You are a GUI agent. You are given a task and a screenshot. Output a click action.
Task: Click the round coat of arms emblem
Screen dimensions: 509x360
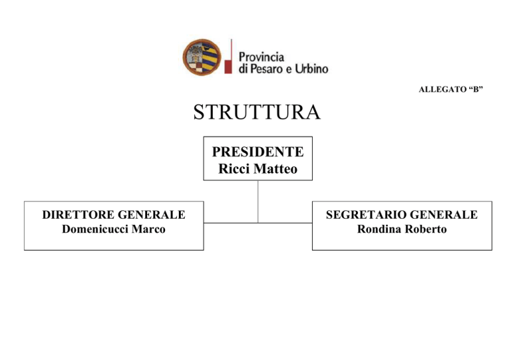[202, 57]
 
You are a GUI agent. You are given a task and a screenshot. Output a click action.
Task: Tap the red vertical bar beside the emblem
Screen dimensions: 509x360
[229, 56]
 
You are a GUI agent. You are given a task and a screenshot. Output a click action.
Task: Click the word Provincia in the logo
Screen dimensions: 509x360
[261, 58]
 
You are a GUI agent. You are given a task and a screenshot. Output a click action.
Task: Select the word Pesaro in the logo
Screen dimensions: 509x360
[262, 69]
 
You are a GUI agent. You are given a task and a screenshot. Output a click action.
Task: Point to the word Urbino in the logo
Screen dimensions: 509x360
[311, 69]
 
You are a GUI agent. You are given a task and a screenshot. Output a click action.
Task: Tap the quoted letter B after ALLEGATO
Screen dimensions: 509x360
[476, 89]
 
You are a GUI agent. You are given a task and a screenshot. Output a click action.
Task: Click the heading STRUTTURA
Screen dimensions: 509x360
[257, 112]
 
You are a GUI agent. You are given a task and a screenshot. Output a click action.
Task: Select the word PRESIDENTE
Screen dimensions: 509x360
[258, 152]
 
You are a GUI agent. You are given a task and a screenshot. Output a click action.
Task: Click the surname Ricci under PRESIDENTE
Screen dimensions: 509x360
[235, 169]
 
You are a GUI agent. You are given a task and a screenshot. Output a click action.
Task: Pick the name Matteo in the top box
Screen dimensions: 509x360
[276, 169]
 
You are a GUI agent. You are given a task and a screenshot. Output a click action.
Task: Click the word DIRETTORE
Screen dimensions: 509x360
[78, 215]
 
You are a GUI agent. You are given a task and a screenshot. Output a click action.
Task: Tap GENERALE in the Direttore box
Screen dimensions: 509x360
[152, 215]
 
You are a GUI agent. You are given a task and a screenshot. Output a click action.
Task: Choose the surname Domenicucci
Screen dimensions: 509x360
[95, 229]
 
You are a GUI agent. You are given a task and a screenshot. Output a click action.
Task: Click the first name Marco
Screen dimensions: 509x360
[148, 229]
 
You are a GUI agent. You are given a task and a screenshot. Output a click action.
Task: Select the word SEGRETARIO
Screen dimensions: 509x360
[367, 215]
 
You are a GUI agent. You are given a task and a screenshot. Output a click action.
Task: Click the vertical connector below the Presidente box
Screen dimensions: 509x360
[258, 202]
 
